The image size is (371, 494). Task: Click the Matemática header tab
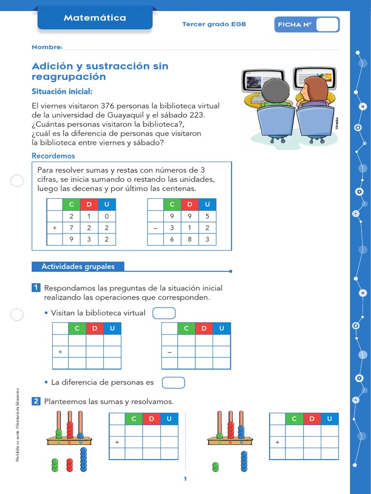coord(95,18)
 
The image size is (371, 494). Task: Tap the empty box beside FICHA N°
coord(327,25)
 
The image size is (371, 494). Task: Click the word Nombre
coord(47,47)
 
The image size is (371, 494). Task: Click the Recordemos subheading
coord(53,156)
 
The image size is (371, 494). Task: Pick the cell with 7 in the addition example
coord(71,228)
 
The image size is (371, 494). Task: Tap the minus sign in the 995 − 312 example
coord(156,228)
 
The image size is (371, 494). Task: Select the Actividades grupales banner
coord(78,266)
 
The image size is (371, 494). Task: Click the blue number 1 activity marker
coord(36,288)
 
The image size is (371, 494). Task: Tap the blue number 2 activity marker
coord(36,401)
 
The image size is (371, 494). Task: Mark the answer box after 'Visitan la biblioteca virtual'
coord(164,313)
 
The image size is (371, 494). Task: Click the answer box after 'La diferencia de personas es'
coord(173,383)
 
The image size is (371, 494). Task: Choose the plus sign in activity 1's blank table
coord(60,352)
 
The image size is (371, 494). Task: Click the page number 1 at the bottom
coord(185,479)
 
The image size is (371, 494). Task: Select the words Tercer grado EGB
coord(214,24)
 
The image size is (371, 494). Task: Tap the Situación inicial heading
coord(61,92)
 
